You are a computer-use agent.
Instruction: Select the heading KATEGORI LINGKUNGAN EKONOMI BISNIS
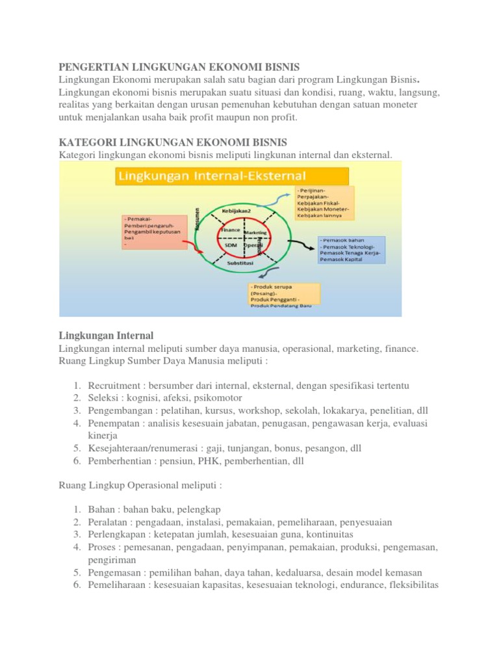[x=172, y=142]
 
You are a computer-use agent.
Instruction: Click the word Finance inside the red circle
[x=230, y=230]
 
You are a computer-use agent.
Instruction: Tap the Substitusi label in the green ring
[x=240, y=264]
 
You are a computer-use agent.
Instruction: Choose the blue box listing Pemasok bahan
[x=352, y=250]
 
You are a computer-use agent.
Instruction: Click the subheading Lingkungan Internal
[x=106, y=336]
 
